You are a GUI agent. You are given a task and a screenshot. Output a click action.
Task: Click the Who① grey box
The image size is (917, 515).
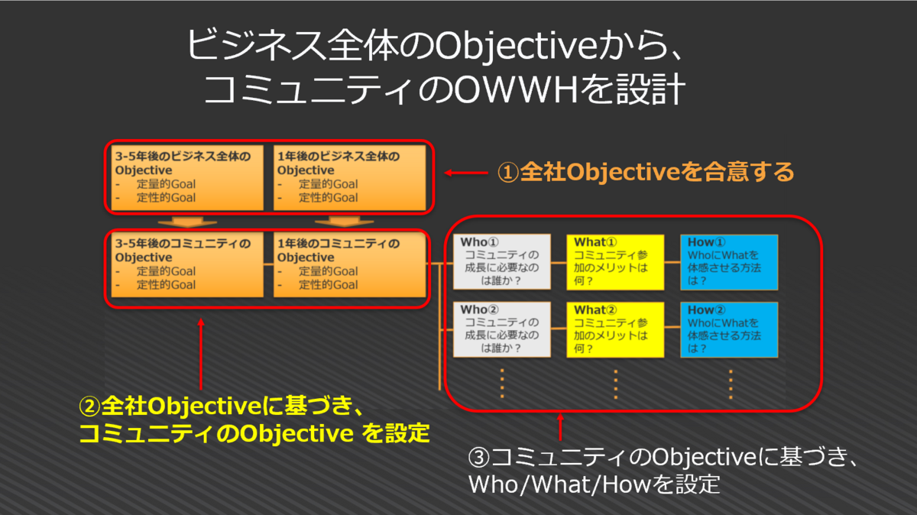(501, 261)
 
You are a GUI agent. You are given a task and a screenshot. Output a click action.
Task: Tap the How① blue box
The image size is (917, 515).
(729, 261)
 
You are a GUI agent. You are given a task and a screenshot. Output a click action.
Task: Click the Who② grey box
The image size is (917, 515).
(501, 329)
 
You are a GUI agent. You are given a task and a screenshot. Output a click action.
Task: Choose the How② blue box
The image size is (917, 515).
(729, 329)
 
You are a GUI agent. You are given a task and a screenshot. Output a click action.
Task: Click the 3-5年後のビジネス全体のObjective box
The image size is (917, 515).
(186, 177)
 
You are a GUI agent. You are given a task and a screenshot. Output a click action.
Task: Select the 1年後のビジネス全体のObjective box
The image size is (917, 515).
(350, 177)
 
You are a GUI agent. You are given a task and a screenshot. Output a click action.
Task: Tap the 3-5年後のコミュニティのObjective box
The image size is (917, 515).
(186, 264)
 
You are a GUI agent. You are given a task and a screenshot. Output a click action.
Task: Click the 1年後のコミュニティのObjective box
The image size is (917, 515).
(350, 264)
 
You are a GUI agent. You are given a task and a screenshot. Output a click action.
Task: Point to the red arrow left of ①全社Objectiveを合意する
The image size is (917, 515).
(465, 173)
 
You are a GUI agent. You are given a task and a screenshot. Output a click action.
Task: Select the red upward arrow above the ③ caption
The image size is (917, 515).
(560, 428)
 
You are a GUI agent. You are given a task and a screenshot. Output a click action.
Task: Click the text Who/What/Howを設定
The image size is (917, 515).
(594, 484)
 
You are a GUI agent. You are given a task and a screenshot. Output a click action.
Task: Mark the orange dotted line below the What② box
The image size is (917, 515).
(616, 383)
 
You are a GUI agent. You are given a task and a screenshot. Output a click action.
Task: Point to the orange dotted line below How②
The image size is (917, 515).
(730, 383)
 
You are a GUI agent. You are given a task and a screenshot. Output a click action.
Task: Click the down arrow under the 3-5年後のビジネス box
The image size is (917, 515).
(186, 222)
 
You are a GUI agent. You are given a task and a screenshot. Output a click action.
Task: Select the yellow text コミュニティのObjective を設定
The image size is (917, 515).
(254, 433)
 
